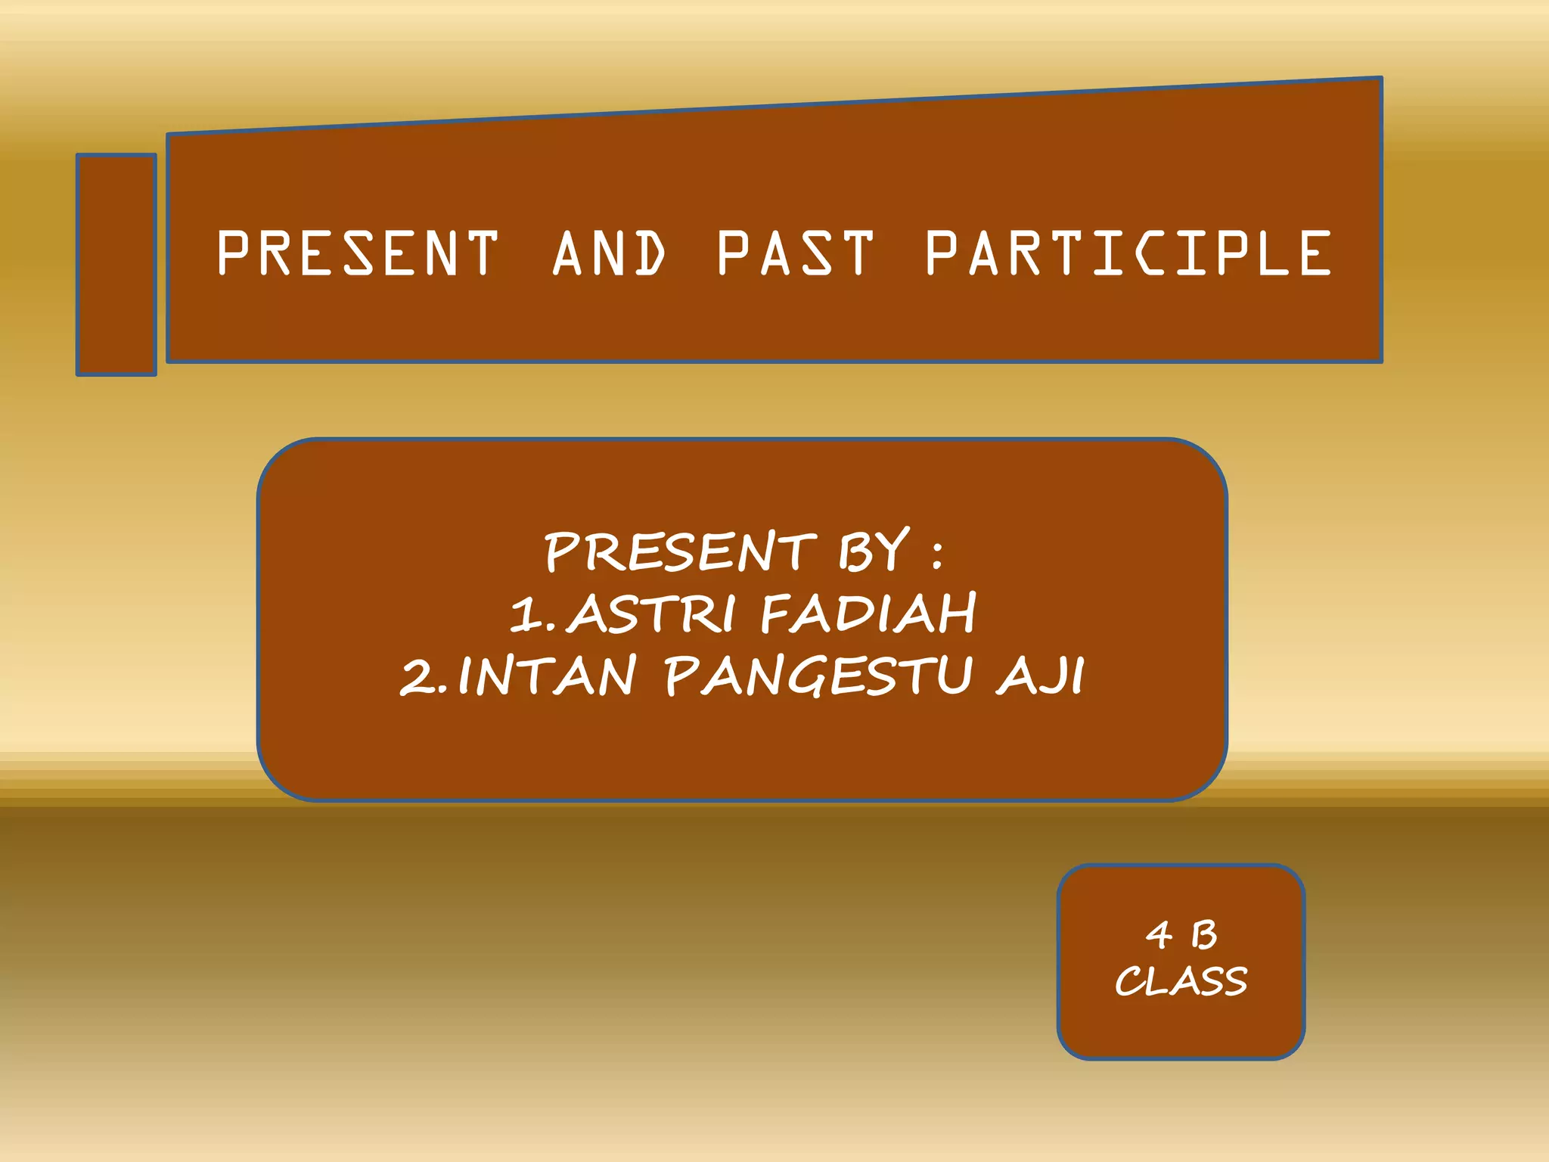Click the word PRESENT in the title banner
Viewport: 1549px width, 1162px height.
point(358,253)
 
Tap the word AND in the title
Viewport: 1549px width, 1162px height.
point(609,253)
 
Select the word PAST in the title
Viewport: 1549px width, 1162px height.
point(795,253)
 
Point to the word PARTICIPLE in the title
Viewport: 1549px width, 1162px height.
point(1128,253)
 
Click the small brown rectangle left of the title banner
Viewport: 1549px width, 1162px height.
point(116,265)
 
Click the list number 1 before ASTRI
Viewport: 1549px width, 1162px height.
point(525,614)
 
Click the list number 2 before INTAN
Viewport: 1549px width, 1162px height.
point(418,676)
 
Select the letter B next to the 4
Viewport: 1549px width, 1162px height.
point(1204,935)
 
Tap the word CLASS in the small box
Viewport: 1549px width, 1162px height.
point(1181,981)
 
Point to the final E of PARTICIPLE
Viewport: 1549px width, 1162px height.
point(1316,253)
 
